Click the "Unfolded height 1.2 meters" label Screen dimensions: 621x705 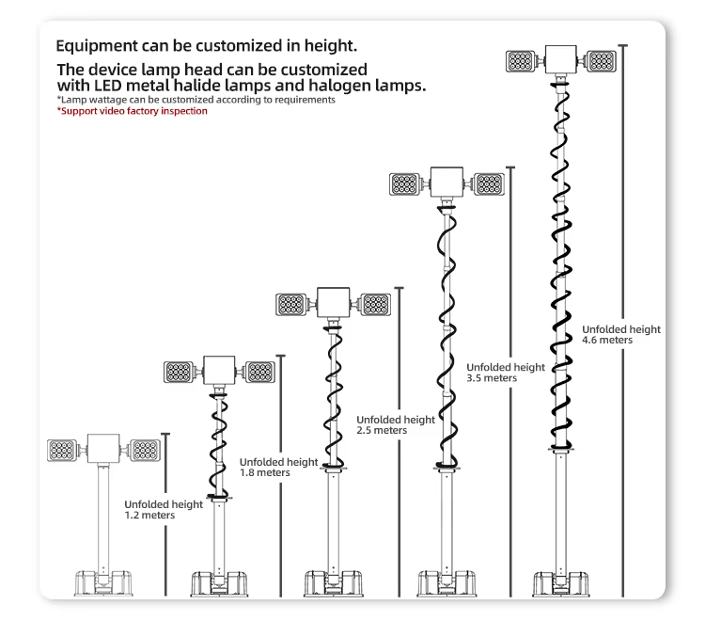163,510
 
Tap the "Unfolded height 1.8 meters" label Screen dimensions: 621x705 278,468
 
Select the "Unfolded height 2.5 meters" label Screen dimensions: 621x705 395,424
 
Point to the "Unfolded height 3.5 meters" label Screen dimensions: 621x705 505,372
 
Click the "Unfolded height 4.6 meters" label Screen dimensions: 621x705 620,334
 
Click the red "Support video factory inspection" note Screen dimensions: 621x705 132,111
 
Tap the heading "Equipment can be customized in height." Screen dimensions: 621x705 207,45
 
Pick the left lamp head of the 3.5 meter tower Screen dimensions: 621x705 404,183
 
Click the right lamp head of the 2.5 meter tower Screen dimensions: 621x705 375,305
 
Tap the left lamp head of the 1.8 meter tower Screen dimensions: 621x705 179,372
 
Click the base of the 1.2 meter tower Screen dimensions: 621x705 102,583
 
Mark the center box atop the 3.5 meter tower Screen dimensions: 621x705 446,181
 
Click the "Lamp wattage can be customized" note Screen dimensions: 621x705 196,100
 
